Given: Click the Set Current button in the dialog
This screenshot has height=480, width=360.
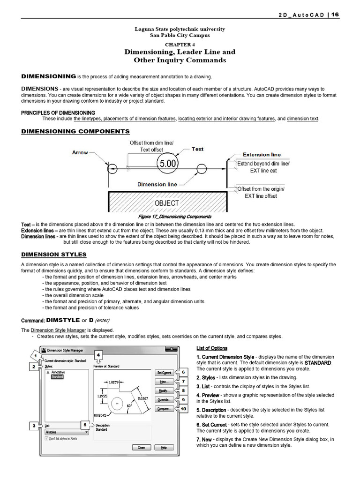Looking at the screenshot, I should pyautogui.click(x=164, y=373).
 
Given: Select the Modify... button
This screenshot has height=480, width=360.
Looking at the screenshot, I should pyautogui.click(x=164, y=390).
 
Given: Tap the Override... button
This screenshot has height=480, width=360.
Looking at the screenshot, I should pyautogui.click(x=164, y=400).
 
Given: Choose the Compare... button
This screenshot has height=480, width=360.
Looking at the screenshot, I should pyautogui.click(x=164, y=409).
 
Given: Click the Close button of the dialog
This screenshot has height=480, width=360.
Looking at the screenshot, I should pyautogui.click(x=141, y=448).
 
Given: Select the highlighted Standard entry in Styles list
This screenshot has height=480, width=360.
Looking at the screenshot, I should pyautogui.click(x=57, y=377).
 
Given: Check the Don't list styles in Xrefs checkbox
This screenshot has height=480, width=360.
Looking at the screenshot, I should pyautogui.click(x=46, y=438).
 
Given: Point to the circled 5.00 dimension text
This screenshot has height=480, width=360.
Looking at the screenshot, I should pyautogui.click(x=168, y=164).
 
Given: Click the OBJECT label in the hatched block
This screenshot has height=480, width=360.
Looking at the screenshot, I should pyautogui.click(x=167, y=203).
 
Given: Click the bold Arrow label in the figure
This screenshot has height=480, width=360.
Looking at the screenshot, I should pyautogui.click(x=80, y=152).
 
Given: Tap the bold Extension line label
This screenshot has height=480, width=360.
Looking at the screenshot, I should pyautogui.click(x=262, y=154).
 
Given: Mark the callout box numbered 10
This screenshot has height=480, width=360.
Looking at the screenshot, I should pyautogui.click(x=183, y=409).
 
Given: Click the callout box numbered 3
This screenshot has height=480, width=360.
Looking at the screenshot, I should pyautogui.click(x=34, y=426).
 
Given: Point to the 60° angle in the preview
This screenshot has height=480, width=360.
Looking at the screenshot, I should pyautogui.click(x=129, y=406).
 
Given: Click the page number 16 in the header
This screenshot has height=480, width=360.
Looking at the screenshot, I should pyautogui.click(x=335, y=15).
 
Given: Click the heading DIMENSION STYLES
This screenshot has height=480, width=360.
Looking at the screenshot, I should pyautogui.click(x=54, y=254).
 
